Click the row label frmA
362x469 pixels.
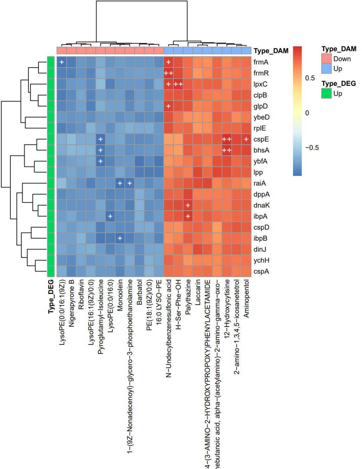(x=261, y=62)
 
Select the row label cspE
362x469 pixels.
(x=261, y=139)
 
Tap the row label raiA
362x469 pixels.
(x=259, y=183)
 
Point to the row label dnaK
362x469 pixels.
(x=261, y=205)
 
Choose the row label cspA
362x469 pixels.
(x=261, y=272)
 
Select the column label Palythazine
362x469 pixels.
(x=188, y=297)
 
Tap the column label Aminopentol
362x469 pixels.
(x=246, y=299)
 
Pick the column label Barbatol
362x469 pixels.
(x=139, y=292)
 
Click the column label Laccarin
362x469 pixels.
(x=198, y=292)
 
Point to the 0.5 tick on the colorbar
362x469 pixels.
(x=310, y=78)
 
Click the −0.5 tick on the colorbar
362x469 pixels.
(x=312, y=148)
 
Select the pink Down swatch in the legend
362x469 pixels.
(x=326, y=59)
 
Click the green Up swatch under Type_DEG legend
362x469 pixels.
(x=326, y=94)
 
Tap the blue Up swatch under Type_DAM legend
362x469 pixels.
(x=326, y=69)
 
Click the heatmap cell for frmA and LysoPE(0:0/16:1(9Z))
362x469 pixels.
(x=62, y=62)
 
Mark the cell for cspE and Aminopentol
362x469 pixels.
(x=246, y=139)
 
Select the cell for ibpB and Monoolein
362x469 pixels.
(x=120, y=238)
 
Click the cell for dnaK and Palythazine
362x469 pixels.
(x=188, y=205)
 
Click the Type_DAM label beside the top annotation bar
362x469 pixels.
(x=271, y=51)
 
